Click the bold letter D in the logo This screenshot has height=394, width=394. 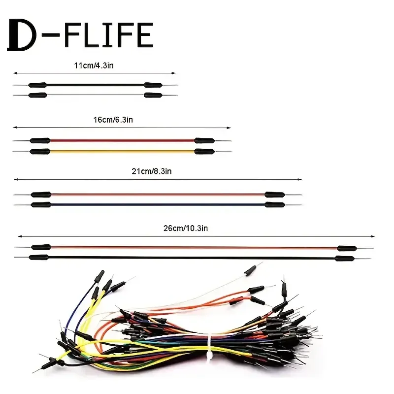point(21,35)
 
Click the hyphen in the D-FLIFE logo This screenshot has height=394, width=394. point(50,36)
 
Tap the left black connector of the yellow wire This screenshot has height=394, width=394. point(40,152)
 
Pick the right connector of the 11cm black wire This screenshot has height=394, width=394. point(153,85)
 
